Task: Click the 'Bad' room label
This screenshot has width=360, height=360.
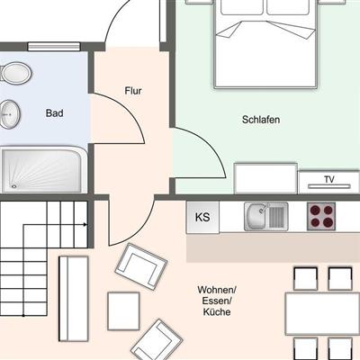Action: point(54,113)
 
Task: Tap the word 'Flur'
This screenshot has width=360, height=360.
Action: point(133,91)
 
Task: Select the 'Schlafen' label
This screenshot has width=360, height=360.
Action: point(261,120)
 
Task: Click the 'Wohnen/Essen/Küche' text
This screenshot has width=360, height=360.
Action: point(217,301)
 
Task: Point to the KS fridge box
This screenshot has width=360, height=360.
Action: point(202,217)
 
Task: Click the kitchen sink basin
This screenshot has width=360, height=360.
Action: point(256,217)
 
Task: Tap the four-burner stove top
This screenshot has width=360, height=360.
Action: point(321,216)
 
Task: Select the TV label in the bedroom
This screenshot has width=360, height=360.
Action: point(329,179)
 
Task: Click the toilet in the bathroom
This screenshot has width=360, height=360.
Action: point(16,73)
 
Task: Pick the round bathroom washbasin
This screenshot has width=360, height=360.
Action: point(10,114)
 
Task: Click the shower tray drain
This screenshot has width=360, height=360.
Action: point(13,186)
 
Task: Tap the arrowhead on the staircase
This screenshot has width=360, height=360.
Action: point(85,224)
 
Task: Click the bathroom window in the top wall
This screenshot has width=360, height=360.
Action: point(54,47)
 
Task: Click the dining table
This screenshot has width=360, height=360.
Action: point(322,314)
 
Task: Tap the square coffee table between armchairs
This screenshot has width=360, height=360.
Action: point(123,311)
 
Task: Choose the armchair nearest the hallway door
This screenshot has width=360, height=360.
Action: point(141,266)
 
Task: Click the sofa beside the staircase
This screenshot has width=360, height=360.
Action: point(74,299)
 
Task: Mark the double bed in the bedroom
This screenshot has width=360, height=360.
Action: point(265,43)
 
